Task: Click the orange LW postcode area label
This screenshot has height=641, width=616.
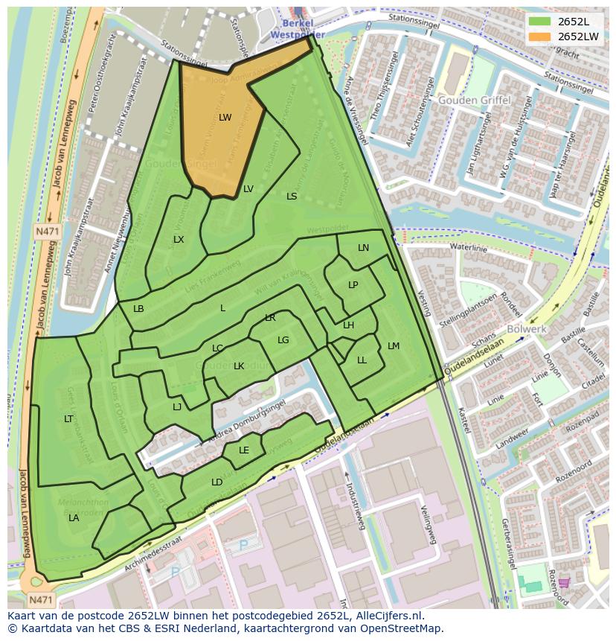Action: tap(225, 118)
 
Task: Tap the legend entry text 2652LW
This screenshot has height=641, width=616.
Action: tap(578, 36)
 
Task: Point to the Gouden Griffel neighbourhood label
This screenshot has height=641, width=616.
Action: tap(474, 100)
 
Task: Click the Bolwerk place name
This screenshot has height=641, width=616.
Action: tap(527, 328)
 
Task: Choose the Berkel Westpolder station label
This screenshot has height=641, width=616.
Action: tap(297, 29)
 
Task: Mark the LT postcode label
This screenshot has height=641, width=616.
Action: tap(68, 419)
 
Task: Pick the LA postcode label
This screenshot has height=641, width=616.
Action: tap(74, 517)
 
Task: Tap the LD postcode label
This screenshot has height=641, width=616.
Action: tap(216, 482)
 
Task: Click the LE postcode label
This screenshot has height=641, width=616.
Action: tap(244, 450)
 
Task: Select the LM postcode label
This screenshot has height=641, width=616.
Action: tap(394, 346)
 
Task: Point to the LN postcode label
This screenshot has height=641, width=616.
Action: tap(363, 248)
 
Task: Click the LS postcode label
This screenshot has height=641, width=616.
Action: tap(292, 197)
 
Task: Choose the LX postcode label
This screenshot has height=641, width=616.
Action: tap(179, 240)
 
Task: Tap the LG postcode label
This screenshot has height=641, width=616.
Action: tap(283, 340)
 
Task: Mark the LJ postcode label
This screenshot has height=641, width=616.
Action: tap(177, 406)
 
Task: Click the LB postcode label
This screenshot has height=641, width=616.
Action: tap(138, 309)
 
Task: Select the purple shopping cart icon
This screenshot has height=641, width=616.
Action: tap(564, 582)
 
